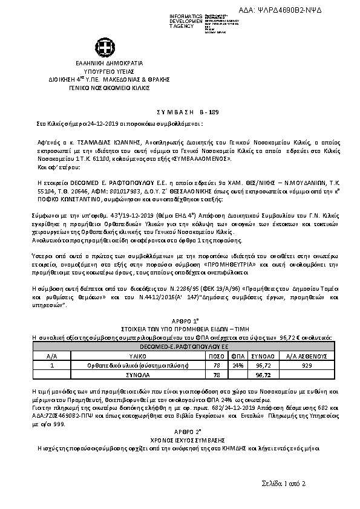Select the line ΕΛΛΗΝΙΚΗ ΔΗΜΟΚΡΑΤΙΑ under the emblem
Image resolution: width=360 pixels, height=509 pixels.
[x=109, y=63]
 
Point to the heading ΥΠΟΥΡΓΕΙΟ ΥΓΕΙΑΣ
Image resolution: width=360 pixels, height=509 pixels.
[x=109, y=71]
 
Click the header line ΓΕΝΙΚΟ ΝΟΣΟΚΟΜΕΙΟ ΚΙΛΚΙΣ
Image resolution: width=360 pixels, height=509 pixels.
[x=109, y=87]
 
